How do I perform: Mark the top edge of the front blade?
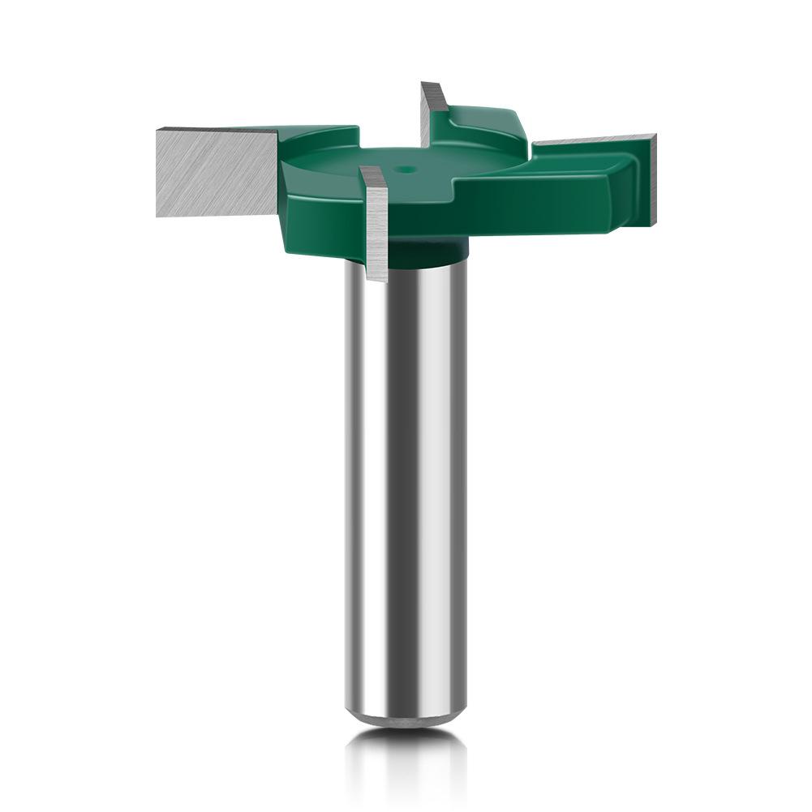click(372, 171)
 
